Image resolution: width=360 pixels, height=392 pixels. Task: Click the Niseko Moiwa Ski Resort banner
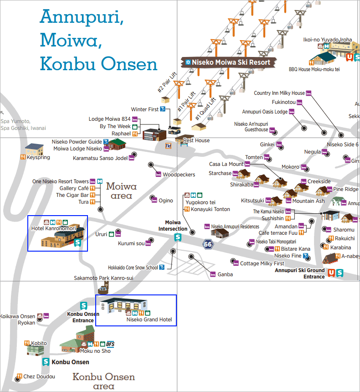228,62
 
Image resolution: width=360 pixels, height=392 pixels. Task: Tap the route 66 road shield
208,244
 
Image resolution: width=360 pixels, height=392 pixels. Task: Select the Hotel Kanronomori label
53,228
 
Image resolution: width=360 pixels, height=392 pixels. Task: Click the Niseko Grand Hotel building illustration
124,304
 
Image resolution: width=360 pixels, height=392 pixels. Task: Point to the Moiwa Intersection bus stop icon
178,237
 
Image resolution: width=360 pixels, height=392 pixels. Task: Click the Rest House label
196,140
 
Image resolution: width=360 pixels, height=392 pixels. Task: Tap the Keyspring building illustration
34,149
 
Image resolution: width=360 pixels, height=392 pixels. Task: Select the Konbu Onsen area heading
104,381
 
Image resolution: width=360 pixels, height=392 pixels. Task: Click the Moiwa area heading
121,191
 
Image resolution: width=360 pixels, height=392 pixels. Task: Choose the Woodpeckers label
179,175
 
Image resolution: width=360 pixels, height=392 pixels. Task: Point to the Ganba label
225,274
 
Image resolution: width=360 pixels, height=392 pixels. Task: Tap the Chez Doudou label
39,377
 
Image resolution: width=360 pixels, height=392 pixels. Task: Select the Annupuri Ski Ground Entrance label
299,273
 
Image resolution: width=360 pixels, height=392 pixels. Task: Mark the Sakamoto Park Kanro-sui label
103,278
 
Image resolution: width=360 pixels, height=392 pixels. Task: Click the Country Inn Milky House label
279,93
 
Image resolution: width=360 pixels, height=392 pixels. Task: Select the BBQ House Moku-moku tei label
314,69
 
